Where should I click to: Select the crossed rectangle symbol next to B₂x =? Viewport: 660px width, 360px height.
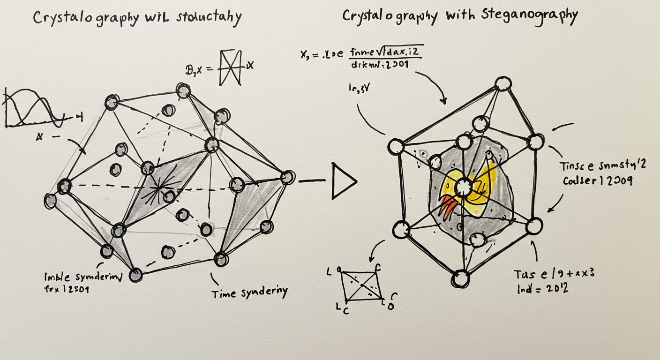pos(230,68)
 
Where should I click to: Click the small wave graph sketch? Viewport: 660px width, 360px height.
pos(33,109)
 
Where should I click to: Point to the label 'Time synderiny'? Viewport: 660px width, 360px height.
pos(249,293)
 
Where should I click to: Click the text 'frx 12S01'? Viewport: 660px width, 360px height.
pos(66,290)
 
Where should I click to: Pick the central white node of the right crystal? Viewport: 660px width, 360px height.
pos(463,187)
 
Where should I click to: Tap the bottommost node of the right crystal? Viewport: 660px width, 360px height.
pos(460,279)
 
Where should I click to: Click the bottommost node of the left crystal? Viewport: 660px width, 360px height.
pos(135,275)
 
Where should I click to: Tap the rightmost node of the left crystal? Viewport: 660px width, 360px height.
pos(287,177)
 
